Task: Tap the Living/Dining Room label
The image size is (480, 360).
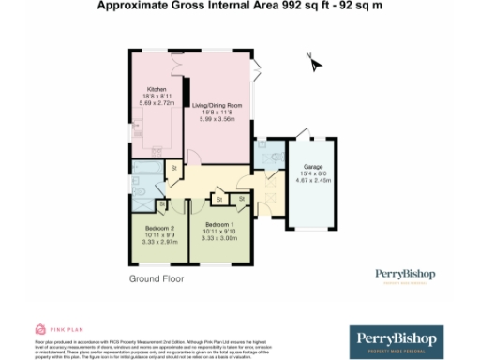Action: tap(217, 106)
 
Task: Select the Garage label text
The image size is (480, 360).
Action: tap(312, 166)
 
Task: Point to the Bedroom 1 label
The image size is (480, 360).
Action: tap(218, 225)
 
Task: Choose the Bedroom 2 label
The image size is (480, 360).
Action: tap(160, 227)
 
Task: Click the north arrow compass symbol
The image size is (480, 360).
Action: tap(315, 64)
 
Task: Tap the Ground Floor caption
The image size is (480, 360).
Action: tap(157, 278)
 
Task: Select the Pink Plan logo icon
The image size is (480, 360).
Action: tap(39, 329)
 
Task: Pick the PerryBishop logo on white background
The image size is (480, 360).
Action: tap(406, 274)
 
